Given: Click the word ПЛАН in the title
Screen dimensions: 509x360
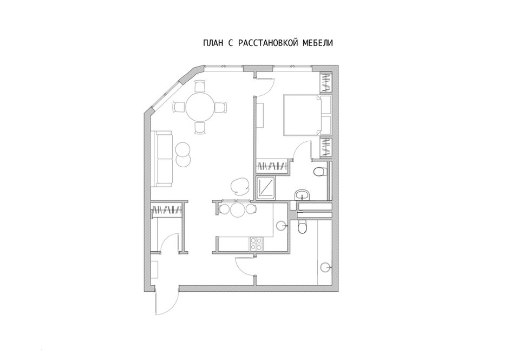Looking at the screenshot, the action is (x=213, y=43).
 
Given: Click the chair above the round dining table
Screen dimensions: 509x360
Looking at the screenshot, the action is (x=200, y=86).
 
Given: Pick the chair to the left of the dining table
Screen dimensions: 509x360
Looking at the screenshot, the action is (x=179, y=107).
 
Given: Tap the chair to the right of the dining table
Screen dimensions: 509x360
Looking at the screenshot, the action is (x=221, y=107).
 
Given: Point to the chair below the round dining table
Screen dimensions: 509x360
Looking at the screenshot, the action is (x=200, y=128).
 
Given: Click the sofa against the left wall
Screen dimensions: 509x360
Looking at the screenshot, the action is (x=164, y=159).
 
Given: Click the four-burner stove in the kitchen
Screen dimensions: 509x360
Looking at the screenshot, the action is (x=256, y=244).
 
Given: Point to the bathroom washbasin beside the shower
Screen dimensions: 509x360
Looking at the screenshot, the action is (x=303, y=195).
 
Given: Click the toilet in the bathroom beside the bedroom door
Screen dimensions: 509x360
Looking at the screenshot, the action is (x=320, y=172).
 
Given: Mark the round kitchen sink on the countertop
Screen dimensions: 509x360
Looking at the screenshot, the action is (x=281, y=225).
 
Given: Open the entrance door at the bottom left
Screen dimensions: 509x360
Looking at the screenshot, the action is (x=167, y=300).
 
